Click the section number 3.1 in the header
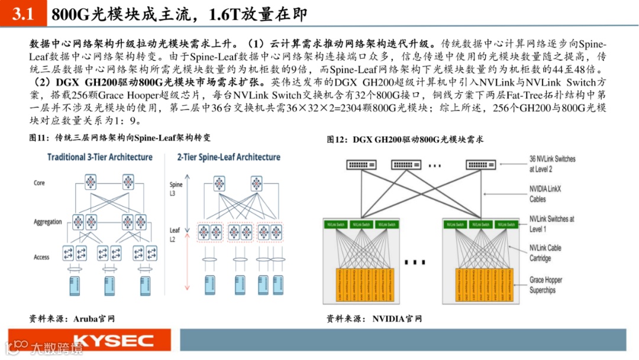tap(23, 15)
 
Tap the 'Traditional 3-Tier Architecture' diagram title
tap(100, 157)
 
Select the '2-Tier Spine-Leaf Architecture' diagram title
tap(228, 157)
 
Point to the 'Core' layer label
tap(39, 184)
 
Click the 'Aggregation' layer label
tap(48, 222)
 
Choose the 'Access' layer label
tap(41, 257)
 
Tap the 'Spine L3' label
tap(176, 189)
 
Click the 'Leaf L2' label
tap(175, 234)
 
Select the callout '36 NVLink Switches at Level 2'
tap(552, 164)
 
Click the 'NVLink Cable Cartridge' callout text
tap(545, 253)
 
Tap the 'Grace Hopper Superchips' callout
tap(546, 285)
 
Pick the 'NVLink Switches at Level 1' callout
tap(551, 223)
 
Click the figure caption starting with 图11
tap(120, 138)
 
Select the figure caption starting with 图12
tap(405, 140)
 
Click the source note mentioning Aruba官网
tap(72, 319)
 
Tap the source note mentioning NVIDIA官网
tap(375, 319)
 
